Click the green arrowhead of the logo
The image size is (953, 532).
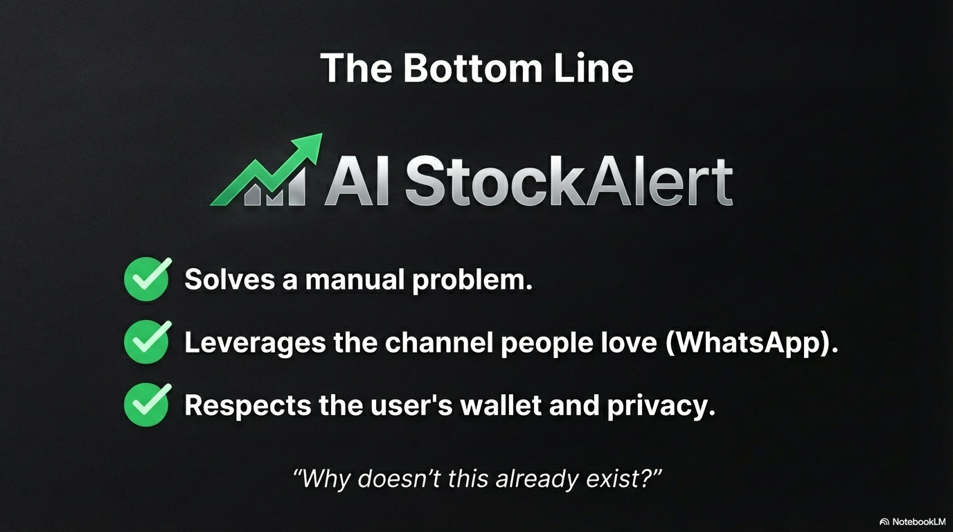(x=308, y=147)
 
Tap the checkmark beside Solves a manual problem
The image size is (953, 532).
(x=147, y=280)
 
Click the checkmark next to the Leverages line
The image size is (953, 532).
(x=147, y=342)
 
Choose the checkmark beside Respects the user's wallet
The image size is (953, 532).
(x=147, y=405)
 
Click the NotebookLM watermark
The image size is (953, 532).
(x=913, y=521)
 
